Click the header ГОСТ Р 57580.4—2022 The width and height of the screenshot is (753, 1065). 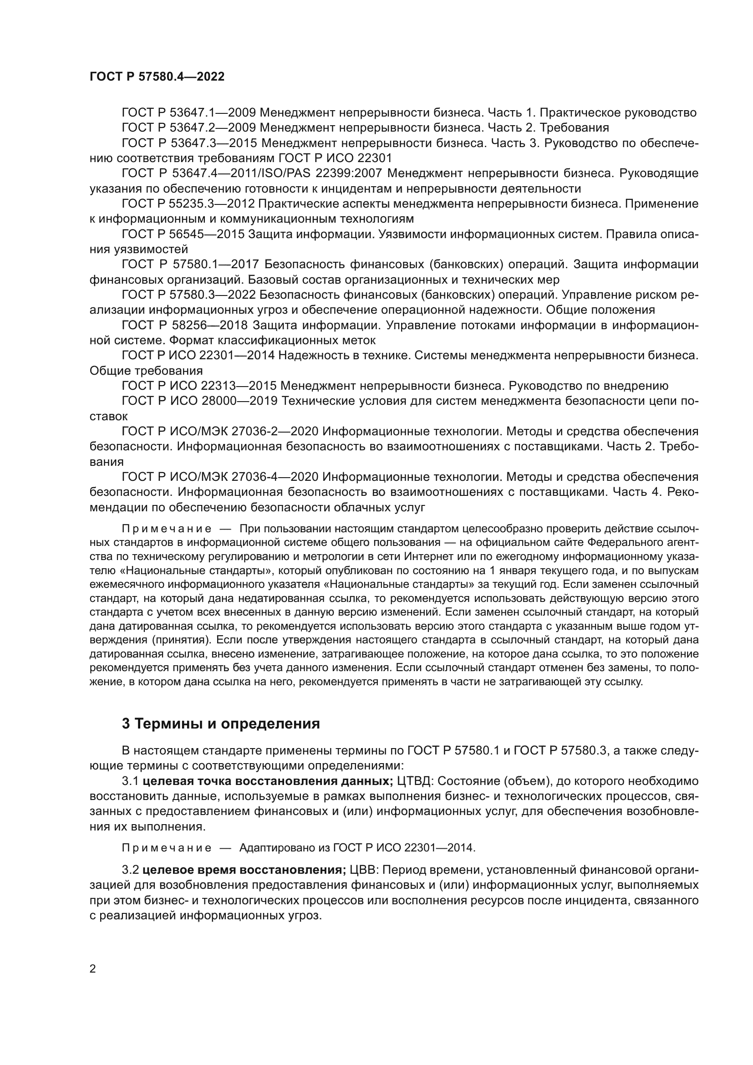157,77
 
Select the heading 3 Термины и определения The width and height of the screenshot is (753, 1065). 221,723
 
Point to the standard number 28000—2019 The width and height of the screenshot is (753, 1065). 239,401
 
